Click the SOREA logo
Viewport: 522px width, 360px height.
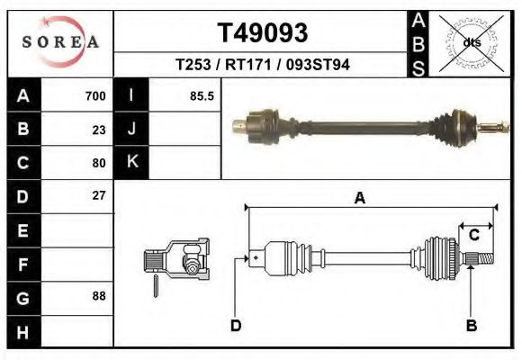pos(60,43)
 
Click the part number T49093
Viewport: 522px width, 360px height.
pos(262,33)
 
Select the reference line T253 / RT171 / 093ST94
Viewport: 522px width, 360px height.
pos(262,65)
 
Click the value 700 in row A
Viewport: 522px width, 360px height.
pos(95,96)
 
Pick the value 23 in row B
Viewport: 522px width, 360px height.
pos(99,130)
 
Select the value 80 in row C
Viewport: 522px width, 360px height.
pos(99,163)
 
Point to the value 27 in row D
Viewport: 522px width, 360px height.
pos(99,195)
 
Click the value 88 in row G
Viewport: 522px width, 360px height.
pos(99,296)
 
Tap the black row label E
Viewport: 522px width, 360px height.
pos(22,230)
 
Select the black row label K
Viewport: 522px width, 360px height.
pos(131,162)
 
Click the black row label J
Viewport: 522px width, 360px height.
pos(131,130)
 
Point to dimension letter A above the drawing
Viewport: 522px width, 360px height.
pos(360,199)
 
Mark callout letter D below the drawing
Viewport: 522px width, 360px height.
pos(236,325)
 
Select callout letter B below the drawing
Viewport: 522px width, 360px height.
pos(471,325)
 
